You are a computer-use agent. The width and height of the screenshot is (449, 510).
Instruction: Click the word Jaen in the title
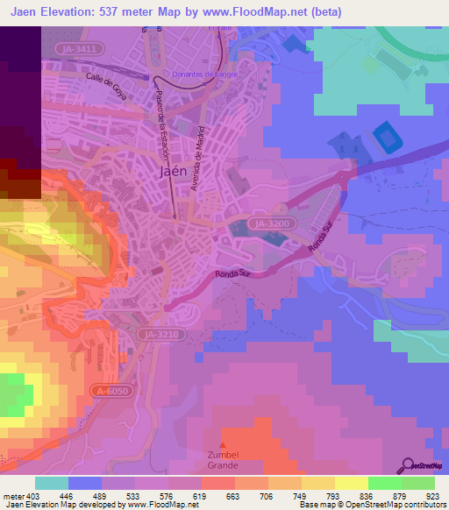click(26, 12)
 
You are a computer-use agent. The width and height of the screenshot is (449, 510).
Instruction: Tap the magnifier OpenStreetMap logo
click(409, 465)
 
